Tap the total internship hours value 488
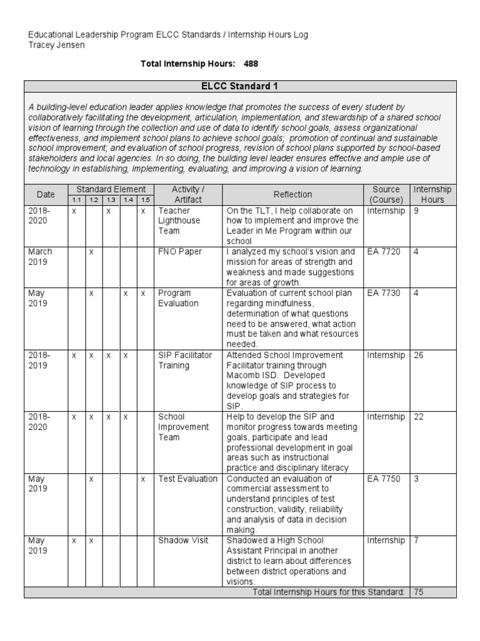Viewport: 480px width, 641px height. [251, 64]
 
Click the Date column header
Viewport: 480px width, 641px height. [46, 195]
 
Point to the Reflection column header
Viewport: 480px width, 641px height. [292, 195]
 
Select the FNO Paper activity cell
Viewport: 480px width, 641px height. [180, 252]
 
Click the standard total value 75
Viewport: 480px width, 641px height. [419, 592]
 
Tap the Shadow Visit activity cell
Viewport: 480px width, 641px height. [183, 540]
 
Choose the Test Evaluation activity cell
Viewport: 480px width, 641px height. [187, 479]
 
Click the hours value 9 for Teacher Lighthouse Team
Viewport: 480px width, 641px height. [417, 211]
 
